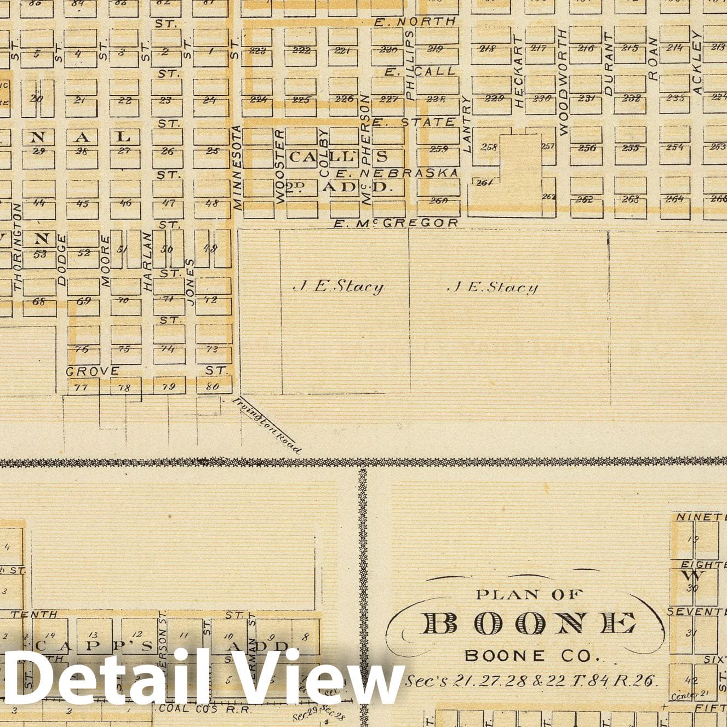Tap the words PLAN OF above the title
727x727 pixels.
coord(530,594)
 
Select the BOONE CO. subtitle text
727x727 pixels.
coord(532,655)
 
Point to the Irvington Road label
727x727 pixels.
coord(267,425)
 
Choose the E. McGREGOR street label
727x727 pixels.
coord(396,223)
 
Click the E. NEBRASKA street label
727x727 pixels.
coord(397,173)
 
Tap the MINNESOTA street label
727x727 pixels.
coord(237,168)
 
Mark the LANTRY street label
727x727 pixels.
coord(467,124)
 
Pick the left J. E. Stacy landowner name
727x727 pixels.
coord(339,287)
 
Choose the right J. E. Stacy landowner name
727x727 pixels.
coord(493,287)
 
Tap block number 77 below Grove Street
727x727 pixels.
coord(81,387)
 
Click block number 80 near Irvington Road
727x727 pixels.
coord(211,387)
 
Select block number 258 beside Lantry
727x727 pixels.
coord(488,147)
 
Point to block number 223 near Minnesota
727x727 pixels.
coord(257,51)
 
